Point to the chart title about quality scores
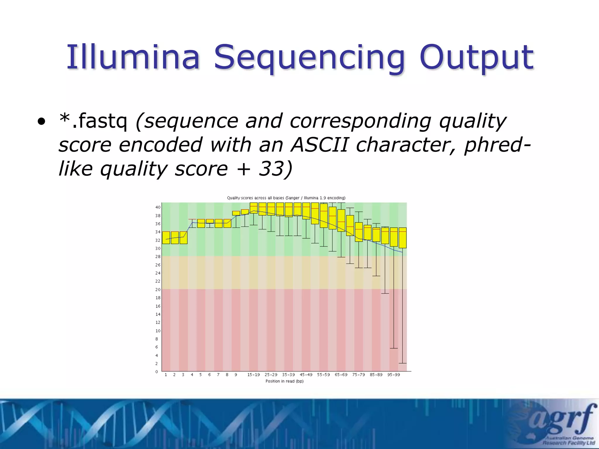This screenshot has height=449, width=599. point(286,198)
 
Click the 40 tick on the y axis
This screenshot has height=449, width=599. point(158,207)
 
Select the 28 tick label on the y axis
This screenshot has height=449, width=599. point(158,257)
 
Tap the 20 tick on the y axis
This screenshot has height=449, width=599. point(158,289)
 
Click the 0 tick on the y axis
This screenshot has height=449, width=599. point(157,372)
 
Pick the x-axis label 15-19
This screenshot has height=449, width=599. point(253,375)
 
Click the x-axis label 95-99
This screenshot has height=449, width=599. point(393,375)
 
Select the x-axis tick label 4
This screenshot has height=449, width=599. point(192,375)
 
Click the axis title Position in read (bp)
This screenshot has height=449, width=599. point(284,381)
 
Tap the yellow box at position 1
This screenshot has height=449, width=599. point(166,237)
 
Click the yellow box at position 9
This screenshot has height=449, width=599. point(236,213)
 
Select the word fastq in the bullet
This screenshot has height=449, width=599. point(103,121)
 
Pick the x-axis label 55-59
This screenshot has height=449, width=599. point(323,375)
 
